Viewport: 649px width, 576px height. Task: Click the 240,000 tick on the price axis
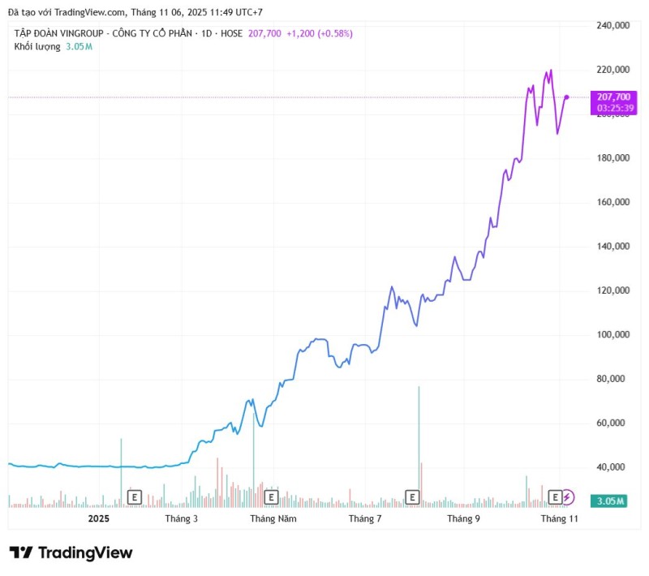(x=612, y=25)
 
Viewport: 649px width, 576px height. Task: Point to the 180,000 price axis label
(x=612, y=157)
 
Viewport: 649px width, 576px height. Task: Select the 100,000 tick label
(x=612, y=334)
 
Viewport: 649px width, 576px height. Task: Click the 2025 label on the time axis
(x=98, y=518)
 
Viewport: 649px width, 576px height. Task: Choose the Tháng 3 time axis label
(x=181, y=518)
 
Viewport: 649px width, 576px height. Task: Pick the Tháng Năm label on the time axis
(x=273, y=518)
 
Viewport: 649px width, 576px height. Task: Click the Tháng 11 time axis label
(x=559, y=518)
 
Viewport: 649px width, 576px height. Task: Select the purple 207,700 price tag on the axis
(x=612, y=97)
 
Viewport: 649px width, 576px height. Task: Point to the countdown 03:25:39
(x=612, y=107)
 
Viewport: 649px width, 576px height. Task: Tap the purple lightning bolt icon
(x=569, y=496)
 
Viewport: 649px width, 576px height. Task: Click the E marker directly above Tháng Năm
(x=272, y=496)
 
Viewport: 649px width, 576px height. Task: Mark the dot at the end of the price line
(x=566, y=97)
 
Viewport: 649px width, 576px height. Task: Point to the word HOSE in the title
(x=229, y=33)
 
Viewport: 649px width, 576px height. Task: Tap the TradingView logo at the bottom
(x=71, y=552)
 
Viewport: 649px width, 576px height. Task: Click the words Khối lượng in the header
(x=37, y=46)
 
